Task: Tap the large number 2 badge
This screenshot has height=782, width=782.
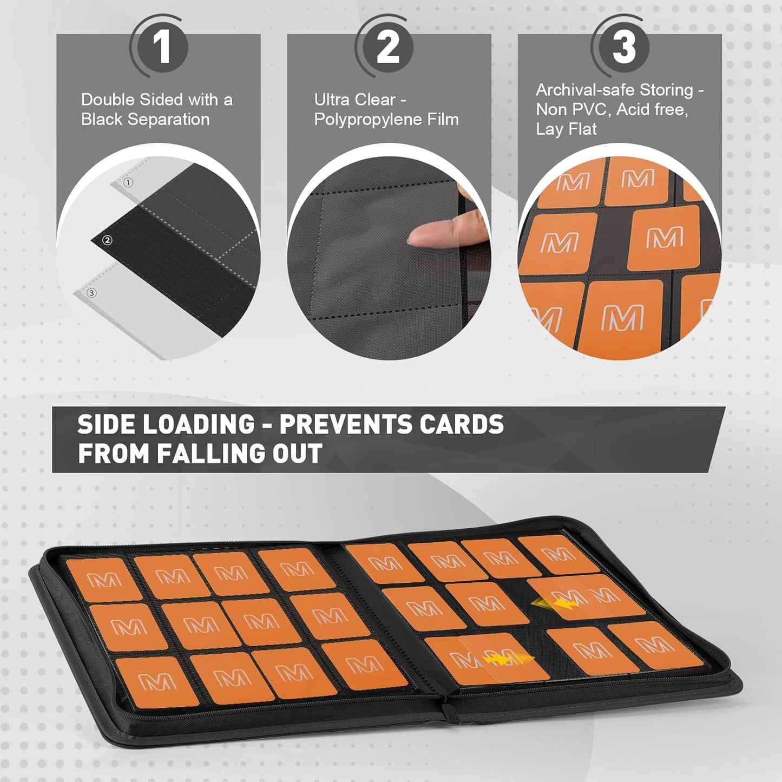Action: [x=387, y=48]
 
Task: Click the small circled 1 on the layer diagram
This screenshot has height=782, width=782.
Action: [x=128, y=183]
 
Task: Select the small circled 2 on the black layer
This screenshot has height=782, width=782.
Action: [x=107, y=241]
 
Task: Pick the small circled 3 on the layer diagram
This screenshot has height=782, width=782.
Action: [x=91, y=293]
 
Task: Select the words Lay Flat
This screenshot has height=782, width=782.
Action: [x=566, y=130]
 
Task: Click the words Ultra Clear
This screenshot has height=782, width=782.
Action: [x=355, y=100]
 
